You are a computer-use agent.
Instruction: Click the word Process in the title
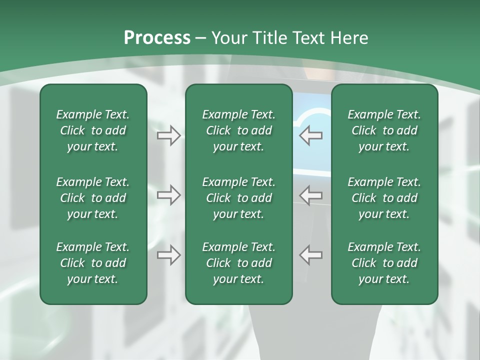157,38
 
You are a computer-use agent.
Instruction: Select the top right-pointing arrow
169,135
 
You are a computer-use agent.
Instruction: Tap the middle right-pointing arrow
169,195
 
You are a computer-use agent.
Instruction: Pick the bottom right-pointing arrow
169,255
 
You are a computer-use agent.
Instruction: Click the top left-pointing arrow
311,135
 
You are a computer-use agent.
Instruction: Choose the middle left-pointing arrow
311,195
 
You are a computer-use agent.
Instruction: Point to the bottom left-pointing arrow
311,255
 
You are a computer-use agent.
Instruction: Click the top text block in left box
93,130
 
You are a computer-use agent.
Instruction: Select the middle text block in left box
93,198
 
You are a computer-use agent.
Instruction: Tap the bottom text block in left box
93,263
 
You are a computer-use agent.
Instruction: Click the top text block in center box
238,130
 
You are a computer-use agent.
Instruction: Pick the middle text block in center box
238,198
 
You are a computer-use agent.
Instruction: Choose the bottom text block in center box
238,263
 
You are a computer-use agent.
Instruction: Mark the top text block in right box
384,130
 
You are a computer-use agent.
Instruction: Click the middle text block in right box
384,198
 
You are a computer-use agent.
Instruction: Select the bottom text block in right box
384,263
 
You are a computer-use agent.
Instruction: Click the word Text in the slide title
308,38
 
